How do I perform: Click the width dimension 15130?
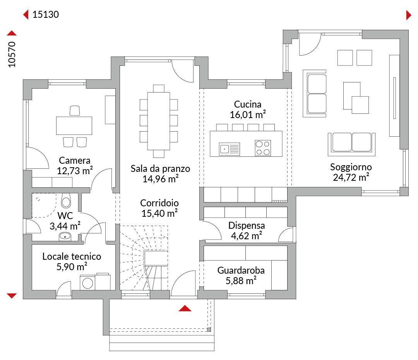pyautogui.click(x=46, y=14)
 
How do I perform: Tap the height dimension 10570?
pyautogui.click(x=12, y=55)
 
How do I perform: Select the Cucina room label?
pyautogui.click(x=248, y=104)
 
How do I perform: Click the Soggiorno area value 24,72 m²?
pyautogui.click(x=351, y=177)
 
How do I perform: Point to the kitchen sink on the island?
pyautogui.click(x=229, y=149)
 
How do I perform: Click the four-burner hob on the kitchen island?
pyautogui.click(x=263, y=148)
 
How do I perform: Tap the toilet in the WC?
pyautogui.click(x=66, y=201)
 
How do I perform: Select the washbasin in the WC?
pyautogui.click(x=65, y=236)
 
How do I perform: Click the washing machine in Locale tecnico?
pyautogui.click(x=87, y=283)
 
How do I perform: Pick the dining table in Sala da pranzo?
pyautogui.click(x=159, y=121)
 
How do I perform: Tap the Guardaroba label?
pyautogui.click(x=241, y=271)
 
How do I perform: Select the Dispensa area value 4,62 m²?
pyautogui.click(x=247, y=236)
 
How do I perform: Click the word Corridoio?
pyautogui.click(x=159, y=203)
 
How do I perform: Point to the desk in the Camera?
pyautogui.click(x=74, y=125)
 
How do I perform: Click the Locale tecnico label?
pyautogui.click(x=72, y=257)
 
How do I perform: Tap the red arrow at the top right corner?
pyautogui.click(x=409, y=15)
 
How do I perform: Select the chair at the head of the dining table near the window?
pyautogui.click(x=159, y=88)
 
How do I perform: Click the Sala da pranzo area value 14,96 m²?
pyautogui.click(x=161, y=179)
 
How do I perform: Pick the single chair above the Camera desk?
pyautogui.click(x=75, y=111)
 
